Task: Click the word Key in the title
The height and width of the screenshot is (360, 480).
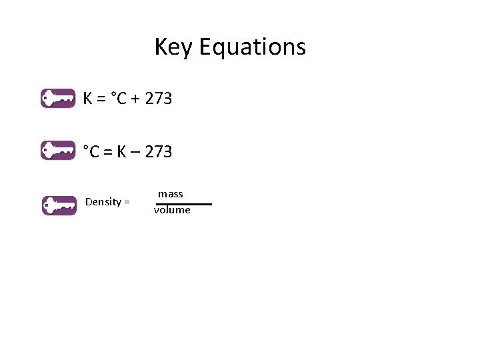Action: coord(174,47)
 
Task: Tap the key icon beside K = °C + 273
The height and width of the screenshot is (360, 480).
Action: coord(58,98)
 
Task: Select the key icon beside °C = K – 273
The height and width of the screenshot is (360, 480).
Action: coord(58,151)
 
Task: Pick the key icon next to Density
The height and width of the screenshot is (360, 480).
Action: coord(59,205)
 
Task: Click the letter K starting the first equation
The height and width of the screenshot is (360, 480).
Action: coord(87,99)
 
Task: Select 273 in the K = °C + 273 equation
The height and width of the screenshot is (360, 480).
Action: coord(158,99)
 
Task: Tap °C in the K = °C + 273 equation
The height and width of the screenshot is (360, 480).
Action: coord(118,99)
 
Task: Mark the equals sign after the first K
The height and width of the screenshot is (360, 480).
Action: coord(101,99)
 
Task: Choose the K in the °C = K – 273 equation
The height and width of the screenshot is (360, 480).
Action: coord(122,152)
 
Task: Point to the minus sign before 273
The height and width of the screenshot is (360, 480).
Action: coord(135,153)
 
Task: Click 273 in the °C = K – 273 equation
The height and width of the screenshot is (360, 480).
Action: coord(158,152)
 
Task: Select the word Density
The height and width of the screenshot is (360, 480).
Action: coord(103,202)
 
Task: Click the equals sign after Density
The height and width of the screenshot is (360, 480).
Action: coord(127,202)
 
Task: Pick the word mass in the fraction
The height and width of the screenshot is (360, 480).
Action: coord(171,194)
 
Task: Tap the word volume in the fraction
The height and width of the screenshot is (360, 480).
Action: coord(172,210)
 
